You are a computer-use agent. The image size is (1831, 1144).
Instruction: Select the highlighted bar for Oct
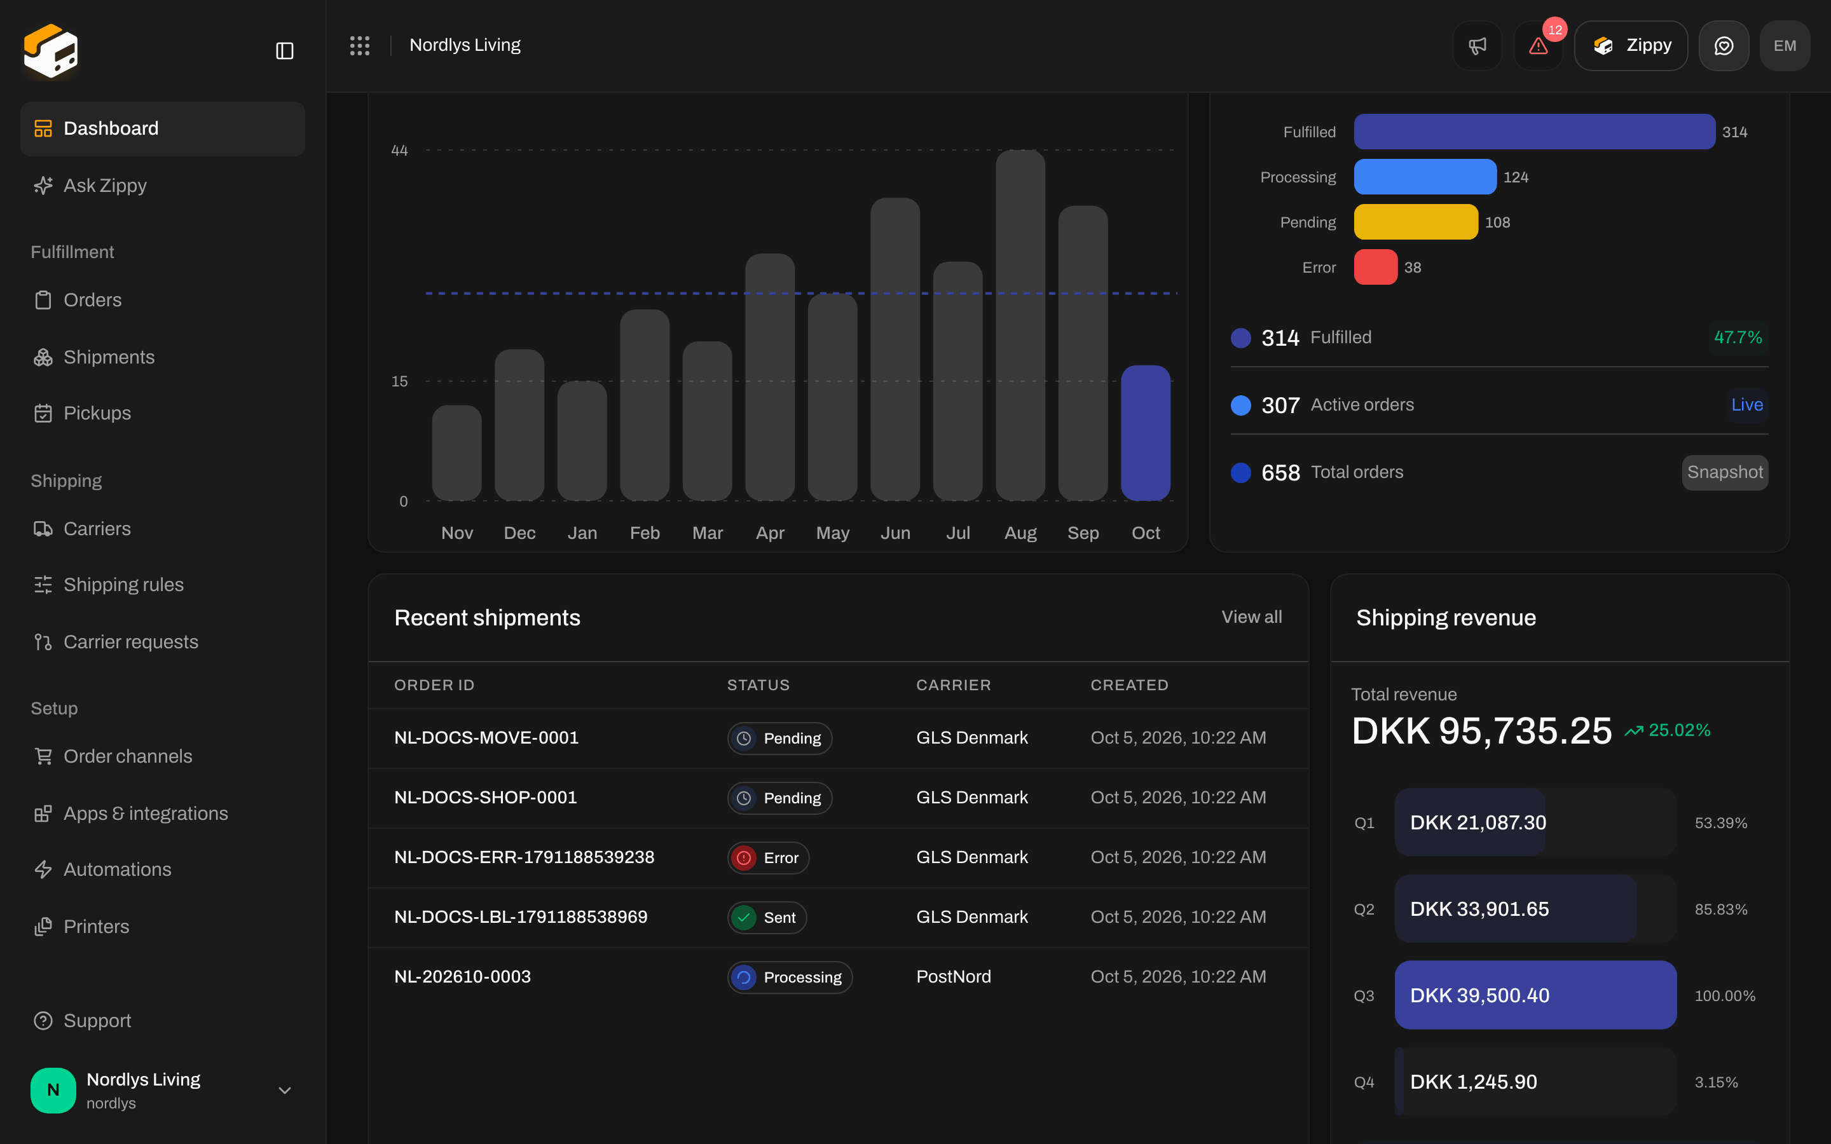coord(1146,433)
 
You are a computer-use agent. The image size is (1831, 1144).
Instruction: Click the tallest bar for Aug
coord(1020,325)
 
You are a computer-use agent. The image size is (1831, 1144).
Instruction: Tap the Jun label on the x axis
coord(895,533)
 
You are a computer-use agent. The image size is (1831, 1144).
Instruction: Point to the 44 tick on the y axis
coord(399,151)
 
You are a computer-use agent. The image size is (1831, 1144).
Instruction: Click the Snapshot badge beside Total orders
coord(1725,472)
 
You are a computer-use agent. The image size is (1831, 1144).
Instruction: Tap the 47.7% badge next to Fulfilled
coord(1738,337)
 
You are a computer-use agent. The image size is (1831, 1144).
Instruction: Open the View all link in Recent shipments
coord(1251,617)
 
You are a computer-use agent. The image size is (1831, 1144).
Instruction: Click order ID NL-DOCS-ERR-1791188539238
coord(525,857)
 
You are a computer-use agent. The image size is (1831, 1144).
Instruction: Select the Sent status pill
coord(767,918)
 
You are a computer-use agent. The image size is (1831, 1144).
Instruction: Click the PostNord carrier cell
coord(954,977)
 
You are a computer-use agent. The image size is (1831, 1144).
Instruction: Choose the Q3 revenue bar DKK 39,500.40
coord(1535,995)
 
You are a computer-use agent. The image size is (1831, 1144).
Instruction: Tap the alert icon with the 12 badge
coord(1538,46)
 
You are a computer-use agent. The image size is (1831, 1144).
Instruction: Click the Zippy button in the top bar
coord(1631,46)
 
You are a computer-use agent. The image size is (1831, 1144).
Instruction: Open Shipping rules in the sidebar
coord(123,585)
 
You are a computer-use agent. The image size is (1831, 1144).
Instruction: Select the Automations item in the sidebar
coord(117,869)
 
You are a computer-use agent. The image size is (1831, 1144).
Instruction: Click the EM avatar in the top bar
coord(1784,46)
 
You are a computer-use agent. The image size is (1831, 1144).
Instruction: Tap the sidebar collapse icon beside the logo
coord(284,51)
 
